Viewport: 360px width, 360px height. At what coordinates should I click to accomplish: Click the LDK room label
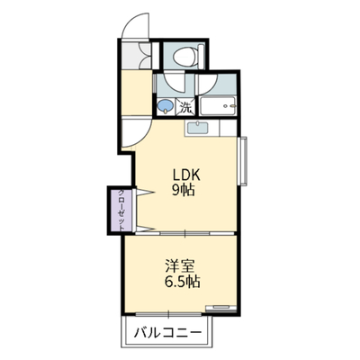tap(185, 175)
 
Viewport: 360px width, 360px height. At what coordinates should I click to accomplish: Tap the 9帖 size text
tap(184, 190)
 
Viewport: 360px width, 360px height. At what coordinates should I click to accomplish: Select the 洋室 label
tap(180, 265)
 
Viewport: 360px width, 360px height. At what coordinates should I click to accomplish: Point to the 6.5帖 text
tap(182, 282)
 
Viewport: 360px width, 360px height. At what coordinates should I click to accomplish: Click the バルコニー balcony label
tap(167, 333)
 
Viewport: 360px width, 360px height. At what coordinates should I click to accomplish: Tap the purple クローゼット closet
tap(121, 210)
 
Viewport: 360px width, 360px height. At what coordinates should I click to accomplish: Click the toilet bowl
tap(185, 57)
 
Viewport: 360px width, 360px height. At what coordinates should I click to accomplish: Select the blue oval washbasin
tap(166, 106)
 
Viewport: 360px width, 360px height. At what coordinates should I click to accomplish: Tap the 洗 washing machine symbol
tap(185, 107)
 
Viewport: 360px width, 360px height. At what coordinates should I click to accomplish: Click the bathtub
tap(219, 106)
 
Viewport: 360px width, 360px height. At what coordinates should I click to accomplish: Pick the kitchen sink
tap(198, 128)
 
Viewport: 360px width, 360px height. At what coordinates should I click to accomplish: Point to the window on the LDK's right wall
tap(242, 161)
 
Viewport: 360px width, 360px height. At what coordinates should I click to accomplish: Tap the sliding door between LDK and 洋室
tap(184, 233)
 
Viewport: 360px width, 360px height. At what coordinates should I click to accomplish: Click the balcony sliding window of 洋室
tap(168, 314)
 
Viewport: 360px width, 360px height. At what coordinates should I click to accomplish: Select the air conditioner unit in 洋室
tap(220, 308)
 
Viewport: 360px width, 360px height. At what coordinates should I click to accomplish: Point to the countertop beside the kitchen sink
tap(228, 128)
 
